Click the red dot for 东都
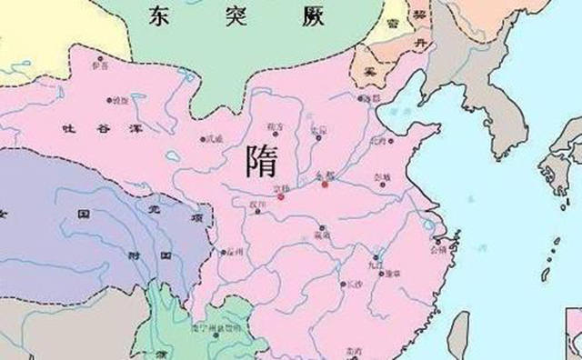click(x=325, y=185)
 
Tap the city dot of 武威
click(x=203, y=139)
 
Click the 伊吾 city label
click(x=100, y=66)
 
